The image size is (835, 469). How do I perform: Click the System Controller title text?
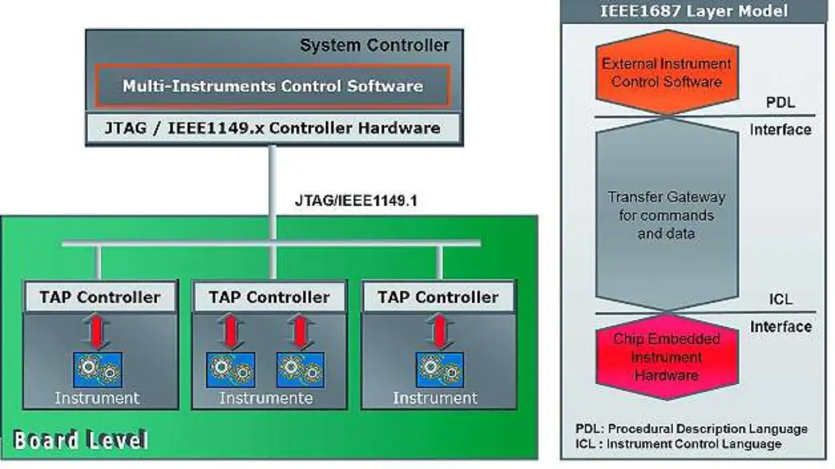click(374, 46)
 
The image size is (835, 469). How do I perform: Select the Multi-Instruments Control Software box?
click(273, 85)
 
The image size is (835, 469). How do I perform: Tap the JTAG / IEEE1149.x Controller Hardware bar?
click(273, 128)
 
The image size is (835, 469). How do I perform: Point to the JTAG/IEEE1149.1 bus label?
click(356, 201)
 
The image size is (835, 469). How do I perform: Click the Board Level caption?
click(81, 440)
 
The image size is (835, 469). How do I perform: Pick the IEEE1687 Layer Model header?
click(693, 11)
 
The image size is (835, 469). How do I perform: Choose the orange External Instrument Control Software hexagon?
click(667, 73)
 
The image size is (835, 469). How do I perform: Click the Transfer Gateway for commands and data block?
click(667, 215)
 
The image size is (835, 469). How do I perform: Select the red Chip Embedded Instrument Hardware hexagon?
click(667, 357)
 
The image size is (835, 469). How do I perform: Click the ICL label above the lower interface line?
click(780, 299)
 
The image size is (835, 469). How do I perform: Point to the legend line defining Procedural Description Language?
click(691, 429)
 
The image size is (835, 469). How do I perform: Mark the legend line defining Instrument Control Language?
click(678, 444)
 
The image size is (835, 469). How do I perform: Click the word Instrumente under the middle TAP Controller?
click(266, 398)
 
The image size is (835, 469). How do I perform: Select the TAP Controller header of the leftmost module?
click(100, 297)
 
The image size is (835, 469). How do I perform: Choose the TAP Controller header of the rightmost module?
click(438, 297)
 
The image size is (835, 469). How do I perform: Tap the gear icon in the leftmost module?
click(98, 370)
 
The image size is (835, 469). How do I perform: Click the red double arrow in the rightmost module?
click(439, 333)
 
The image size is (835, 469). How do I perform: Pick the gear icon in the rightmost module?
click(439, 370)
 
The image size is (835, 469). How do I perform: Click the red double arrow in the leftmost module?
click(98, 333)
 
